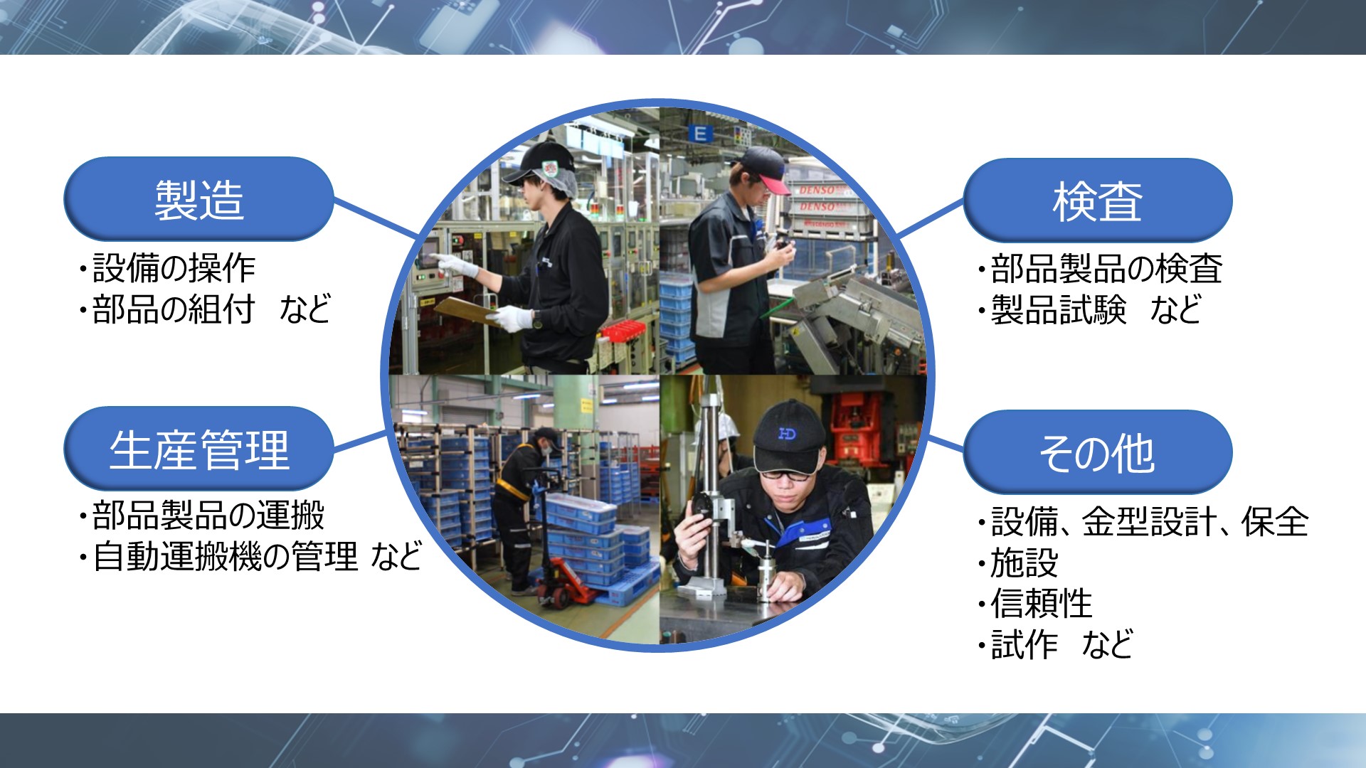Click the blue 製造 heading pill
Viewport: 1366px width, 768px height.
tap(198, 199)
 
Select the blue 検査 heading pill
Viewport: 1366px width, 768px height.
tap(1097, 201)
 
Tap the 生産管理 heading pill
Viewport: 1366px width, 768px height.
tap(198, 449)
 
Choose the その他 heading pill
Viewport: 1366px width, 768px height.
tap(1097, 452)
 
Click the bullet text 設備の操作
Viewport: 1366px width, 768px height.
tap(174, 268)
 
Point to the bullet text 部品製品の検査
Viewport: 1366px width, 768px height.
tap(1106, 269)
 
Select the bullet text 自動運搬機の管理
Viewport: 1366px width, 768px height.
tap(226, 556)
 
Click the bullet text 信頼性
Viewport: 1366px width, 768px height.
tap(1042, 604)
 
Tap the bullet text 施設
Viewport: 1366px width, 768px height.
tap(1024, 563)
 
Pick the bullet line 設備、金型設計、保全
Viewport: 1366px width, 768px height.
tap(1149, 522)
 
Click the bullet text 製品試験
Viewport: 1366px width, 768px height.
tap(1059, 310)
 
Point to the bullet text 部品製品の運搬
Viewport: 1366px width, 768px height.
tap(208, 516)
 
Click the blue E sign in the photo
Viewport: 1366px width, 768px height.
tap(700, 133)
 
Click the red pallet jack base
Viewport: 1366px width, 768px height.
tap(569, 583)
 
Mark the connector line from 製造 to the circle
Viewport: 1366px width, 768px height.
tap(376, 218)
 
